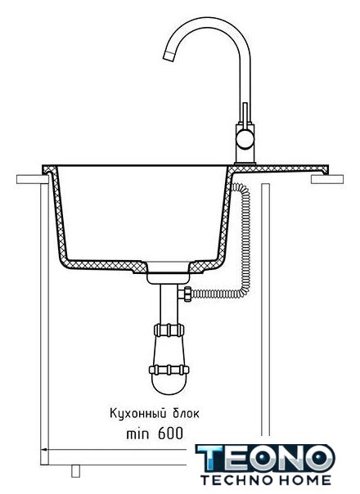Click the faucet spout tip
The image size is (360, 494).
[169, 56]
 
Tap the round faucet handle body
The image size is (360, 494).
[245, 140]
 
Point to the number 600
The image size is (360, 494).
[170, 433]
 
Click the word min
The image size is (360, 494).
[137, 434]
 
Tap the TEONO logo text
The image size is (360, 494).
[265, 458]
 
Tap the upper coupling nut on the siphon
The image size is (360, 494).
[169, 330]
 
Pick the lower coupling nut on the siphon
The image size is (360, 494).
[169, 370]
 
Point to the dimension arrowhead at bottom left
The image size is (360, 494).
[45, 450]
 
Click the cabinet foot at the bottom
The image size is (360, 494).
[75, 471]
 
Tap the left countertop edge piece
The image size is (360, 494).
[33, 179]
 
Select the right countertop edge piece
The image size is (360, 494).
[327, 179]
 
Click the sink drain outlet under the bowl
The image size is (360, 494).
[168, 273]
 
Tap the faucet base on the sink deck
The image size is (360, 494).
[245, 164]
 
